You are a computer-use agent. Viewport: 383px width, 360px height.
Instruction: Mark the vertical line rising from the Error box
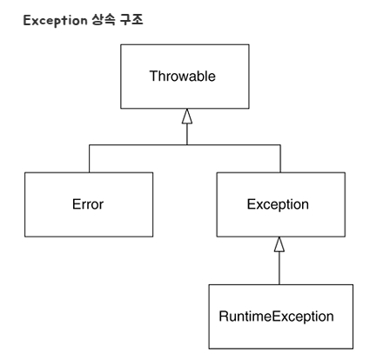click(x=89, y=158)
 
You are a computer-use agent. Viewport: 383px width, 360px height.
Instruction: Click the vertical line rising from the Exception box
click(x=279, y=158)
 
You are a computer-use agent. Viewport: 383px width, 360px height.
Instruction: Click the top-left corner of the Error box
click(x=24, y=172)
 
